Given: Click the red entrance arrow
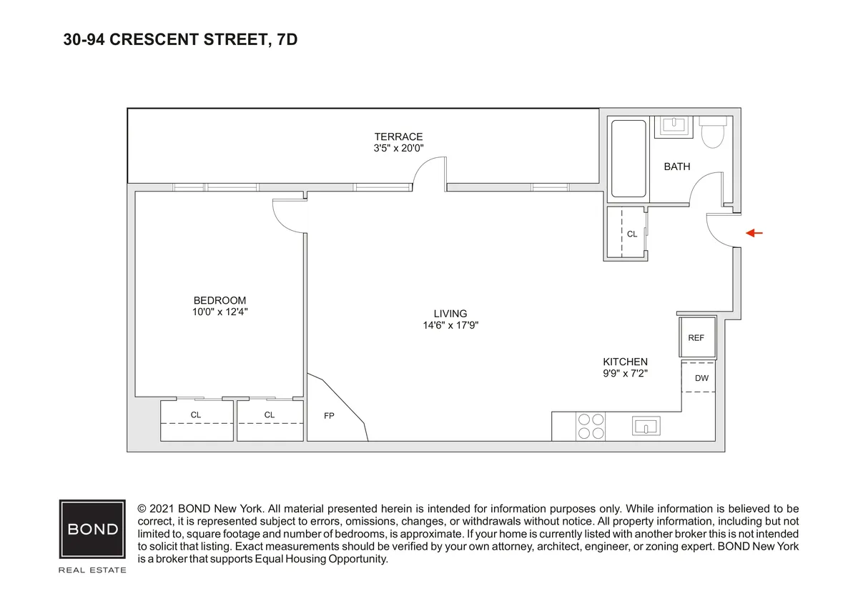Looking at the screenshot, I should click(x=754, y=233).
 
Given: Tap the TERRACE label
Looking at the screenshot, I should click(x=398, y=136).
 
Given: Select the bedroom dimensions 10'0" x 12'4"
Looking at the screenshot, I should click(x=220, y=312).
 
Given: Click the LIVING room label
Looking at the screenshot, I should click(x=450, y=313).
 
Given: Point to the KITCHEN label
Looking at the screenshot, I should click(x=625, y=362).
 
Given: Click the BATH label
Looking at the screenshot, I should click(x=676, y=167).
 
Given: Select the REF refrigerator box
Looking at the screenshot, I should click(x=696, y=337).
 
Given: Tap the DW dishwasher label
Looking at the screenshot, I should click(x=701, y=378).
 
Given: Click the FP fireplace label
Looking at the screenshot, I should click(x=329, y=415).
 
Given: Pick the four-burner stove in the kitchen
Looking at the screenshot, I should click(x=591, y=426).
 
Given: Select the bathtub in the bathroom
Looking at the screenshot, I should click(x=628, y=159).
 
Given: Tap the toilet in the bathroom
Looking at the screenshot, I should click(x=713, y=133).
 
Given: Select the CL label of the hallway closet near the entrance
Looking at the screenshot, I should click(x=631, y=234).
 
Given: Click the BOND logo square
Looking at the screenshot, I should click(x=92, y=530).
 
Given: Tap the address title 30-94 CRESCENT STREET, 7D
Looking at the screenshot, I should click(x=180, y=40).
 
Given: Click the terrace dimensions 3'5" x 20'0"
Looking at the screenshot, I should click(x=398, y=149).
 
